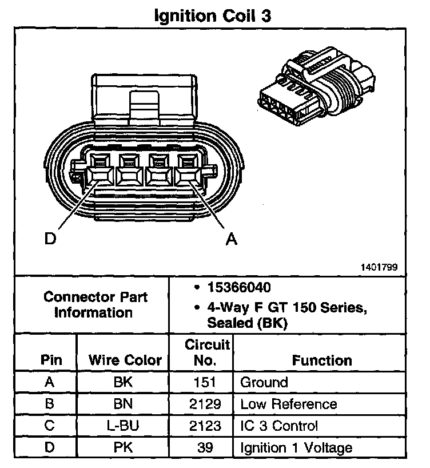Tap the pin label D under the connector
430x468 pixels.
[51, 239]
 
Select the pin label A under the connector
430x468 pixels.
[231, 239]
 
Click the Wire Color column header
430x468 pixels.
[125, 361]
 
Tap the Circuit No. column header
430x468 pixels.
[208, 352]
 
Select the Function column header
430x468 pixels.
[322, 360]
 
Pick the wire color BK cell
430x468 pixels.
[124, 382]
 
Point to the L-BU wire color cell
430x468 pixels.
[124, 426]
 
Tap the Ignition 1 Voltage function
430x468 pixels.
[296, 447]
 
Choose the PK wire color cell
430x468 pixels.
[124, 447]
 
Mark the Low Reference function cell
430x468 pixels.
[289, 404]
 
